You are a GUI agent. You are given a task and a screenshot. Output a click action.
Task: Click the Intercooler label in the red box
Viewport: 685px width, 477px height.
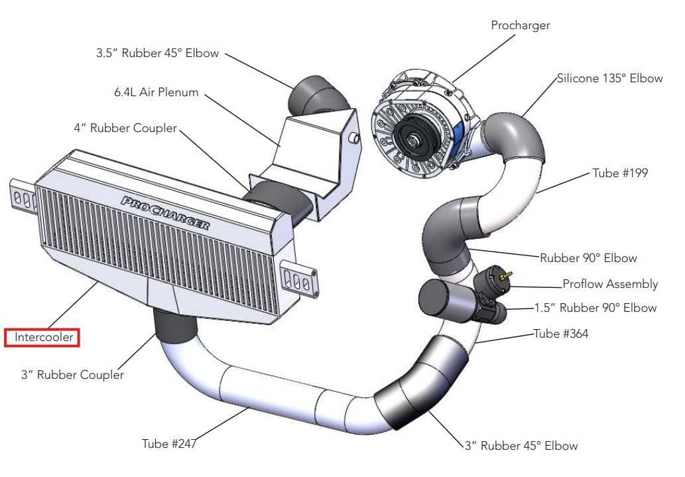(x=43, y=338)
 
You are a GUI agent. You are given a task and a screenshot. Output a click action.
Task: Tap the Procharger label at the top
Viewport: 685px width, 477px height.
(x=520, y=26)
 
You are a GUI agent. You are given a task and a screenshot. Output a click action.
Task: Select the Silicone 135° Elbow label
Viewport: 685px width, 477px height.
(x=609, y=78)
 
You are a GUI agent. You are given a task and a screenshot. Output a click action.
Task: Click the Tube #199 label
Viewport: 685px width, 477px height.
(x=620, y=173)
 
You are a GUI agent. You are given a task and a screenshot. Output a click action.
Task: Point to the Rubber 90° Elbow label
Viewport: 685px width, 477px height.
(x=588, y=258)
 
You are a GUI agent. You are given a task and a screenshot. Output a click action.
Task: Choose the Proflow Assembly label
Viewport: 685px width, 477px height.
(x=610, y=284)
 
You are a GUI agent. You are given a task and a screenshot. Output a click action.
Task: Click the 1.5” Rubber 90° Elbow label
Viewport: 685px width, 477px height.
(x=595, y=308)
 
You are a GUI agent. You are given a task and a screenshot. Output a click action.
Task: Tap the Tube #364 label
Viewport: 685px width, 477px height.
(x=561, y=334)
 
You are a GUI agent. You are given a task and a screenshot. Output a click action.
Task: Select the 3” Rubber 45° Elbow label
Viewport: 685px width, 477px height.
(x=521, y=446)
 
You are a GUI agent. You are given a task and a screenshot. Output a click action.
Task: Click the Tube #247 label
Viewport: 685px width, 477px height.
(x=169, y=443)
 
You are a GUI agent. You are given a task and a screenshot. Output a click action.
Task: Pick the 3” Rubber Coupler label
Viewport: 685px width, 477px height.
(x=72, y=375)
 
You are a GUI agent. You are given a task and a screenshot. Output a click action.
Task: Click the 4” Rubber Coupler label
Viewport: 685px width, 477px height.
(x=125, y=128)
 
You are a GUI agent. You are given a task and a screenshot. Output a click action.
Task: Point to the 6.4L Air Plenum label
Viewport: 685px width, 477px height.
(x=156, y=92)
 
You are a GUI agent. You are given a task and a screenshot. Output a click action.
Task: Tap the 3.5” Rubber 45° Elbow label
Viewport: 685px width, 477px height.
(x=157, y=53)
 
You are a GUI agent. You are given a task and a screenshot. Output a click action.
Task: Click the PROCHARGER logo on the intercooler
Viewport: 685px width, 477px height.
(x=165, y=212)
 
